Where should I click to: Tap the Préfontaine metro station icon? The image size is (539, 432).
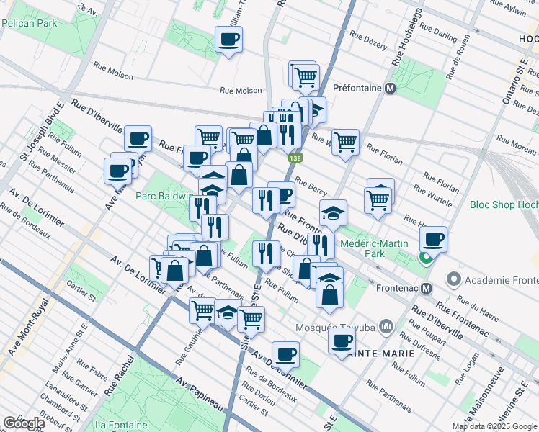(391, 89)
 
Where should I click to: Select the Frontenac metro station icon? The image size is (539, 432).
(426, 288)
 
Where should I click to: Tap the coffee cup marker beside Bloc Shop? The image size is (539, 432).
(433, 239)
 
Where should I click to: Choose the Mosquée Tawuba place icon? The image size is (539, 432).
(386, 328)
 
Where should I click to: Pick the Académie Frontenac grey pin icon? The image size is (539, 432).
(453, 278)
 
